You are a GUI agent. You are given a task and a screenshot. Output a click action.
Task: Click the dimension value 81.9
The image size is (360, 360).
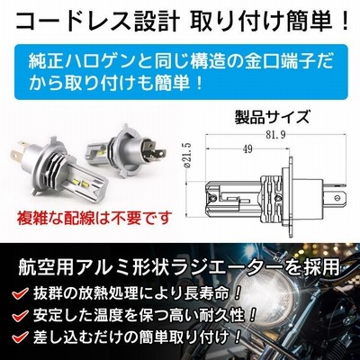[271, 135]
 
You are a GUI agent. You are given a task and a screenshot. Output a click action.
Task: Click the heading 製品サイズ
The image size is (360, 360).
[272, 117]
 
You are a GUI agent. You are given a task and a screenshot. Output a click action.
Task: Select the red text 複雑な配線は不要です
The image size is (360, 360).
[95, 218]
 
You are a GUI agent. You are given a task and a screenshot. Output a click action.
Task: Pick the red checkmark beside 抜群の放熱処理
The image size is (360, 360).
[21, 292]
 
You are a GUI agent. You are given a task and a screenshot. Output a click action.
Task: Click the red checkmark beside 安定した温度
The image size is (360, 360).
[21, 315]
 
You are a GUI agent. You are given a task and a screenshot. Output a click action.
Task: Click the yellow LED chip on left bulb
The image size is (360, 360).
[79, 183]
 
